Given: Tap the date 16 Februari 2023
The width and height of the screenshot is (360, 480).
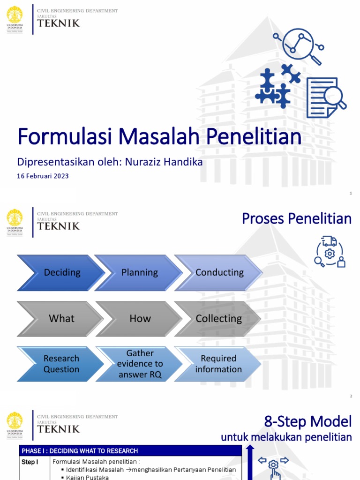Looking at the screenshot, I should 43,176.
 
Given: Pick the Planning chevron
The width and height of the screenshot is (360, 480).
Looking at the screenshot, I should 139,272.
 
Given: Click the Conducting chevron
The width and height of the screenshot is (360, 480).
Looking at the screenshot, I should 219,272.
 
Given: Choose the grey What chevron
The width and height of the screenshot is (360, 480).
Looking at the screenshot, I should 61,318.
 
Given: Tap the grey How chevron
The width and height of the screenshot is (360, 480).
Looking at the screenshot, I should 140,318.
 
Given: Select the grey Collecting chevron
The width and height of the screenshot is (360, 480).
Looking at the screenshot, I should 218,318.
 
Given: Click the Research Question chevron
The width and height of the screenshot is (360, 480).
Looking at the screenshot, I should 61,364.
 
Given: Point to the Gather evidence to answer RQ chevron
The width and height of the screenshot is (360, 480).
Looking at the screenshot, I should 140,364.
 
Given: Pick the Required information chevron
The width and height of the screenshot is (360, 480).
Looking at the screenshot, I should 218,364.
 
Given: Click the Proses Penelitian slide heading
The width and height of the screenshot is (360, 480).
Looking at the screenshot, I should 296,218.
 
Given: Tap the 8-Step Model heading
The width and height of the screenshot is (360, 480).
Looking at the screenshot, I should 307,421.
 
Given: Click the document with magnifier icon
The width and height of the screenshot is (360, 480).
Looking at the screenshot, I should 325,97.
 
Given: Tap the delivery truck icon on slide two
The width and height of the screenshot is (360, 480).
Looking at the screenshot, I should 330,241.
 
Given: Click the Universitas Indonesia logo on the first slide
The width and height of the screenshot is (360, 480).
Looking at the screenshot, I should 15,19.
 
